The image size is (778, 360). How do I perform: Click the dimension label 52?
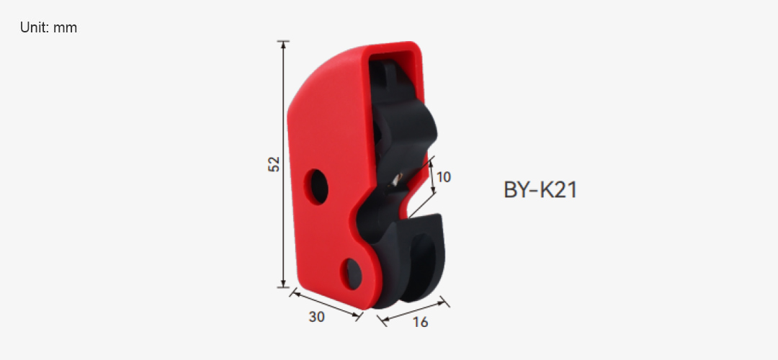click(x=274, y=164)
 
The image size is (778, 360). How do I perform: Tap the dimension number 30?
click(x=316, y=317)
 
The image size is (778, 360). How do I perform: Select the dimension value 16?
click(x=420, y=323)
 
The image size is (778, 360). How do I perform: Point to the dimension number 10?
click(x=444, y=177)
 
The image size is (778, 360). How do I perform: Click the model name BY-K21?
click(x=540, y=190)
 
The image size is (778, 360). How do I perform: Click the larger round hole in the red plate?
click(x=316, y=186)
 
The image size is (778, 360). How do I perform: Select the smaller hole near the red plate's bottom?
click(x=352, y=274)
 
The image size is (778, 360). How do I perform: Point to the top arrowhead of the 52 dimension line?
click(x=283, y=44)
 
